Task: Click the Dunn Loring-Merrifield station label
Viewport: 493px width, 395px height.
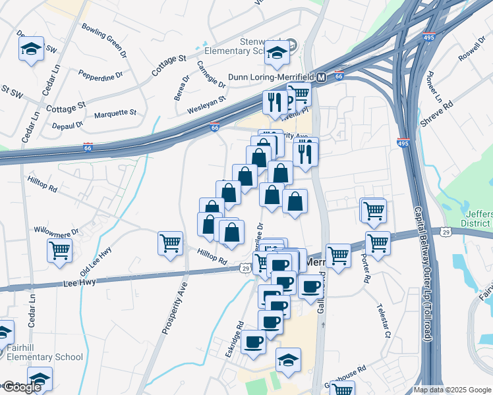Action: [x=270, y=77]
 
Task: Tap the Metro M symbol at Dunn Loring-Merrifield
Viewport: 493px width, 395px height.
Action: [x=321, y=77]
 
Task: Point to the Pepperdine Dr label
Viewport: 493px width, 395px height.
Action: [x=100, y=74]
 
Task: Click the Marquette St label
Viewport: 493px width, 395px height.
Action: [x=115, y=113]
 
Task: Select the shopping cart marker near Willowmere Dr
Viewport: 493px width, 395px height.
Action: [x=59, y=250]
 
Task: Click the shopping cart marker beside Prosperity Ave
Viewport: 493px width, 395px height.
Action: [x=170, y=243]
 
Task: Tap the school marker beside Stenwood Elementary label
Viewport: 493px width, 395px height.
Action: [x=277, y=53]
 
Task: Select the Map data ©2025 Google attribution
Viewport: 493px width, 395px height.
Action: [x=451, y=390]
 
